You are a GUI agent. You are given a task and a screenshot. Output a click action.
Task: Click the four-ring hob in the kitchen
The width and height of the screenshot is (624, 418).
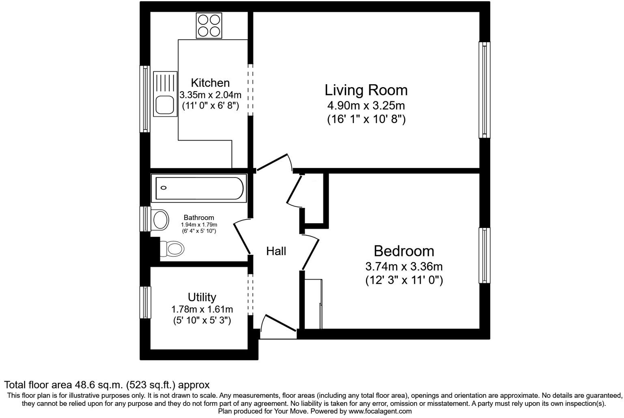(209, 25)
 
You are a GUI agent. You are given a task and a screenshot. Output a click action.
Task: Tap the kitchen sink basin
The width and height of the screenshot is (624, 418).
(165, 105)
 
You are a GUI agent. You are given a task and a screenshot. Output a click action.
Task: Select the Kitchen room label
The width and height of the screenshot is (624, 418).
(210, 83)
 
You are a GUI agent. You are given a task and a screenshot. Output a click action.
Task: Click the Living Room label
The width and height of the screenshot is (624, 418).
(366, 90)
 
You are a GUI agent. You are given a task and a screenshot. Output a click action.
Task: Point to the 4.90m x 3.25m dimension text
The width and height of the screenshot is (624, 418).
(366, 106)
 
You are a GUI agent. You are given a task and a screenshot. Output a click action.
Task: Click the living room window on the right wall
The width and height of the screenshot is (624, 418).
(484, 90)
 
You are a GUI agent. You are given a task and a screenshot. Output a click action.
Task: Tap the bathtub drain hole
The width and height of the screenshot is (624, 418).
(164, 188)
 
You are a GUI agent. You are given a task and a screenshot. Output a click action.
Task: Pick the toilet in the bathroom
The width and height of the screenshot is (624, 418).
(172, 248)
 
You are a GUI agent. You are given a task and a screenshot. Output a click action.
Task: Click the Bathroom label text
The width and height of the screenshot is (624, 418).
(199, 218)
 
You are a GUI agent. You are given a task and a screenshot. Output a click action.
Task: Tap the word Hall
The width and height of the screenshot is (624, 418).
(276, 251)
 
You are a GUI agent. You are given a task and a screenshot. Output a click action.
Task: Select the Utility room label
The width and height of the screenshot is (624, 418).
(202, 297)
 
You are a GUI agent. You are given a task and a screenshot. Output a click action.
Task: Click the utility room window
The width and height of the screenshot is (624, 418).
(145, 302)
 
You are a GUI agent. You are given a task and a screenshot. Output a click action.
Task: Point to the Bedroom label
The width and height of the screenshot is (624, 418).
(404, 251)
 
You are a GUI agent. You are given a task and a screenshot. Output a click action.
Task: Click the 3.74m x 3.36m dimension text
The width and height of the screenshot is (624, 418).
(404, 267)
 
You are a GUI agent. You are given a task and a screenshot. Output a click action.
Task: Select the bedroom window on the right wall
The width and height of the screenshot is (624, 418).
(484, 255)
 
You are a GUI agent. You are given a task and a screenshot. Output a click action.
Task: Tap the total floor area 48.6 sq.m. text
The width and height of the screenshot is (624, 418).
(107, 385)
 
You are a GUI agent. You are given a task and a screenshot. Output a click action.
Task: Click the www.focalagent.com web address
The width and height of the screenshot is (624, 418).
(380, 411)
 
